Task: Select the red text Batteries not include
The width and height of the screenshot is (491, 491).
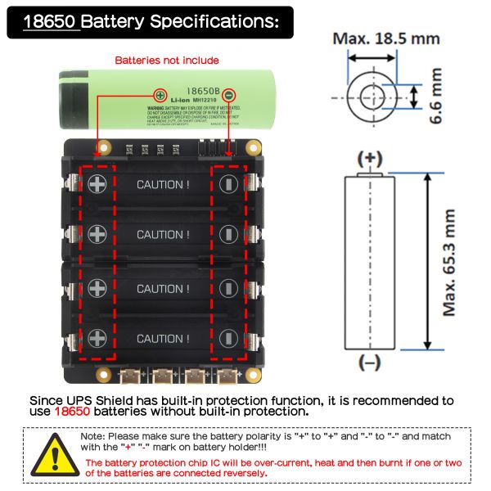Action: coord(167,60)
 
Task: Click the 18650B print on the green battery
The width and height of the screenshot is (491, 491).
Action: coord(199,92)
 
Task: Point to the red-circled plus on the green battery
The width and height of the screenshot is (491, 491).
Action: coord(159,96)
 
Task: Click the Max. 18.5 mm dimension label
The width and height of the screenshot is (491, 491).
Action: coord(385,38)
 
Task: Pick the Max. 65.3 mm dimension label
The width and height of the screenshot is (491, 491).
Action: coord(449,262)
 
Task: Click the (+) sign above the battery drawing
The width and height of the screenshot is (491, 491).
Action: coord(370,158)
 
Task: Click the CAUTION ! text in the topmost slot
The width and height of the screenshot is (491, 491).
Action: coord(163,185)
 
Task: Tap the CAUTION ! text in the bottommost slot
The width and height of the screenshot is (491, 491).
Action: coord(163,338)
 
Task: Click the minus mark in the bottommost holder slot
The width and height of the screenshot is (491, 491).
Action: coord(229,338)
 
